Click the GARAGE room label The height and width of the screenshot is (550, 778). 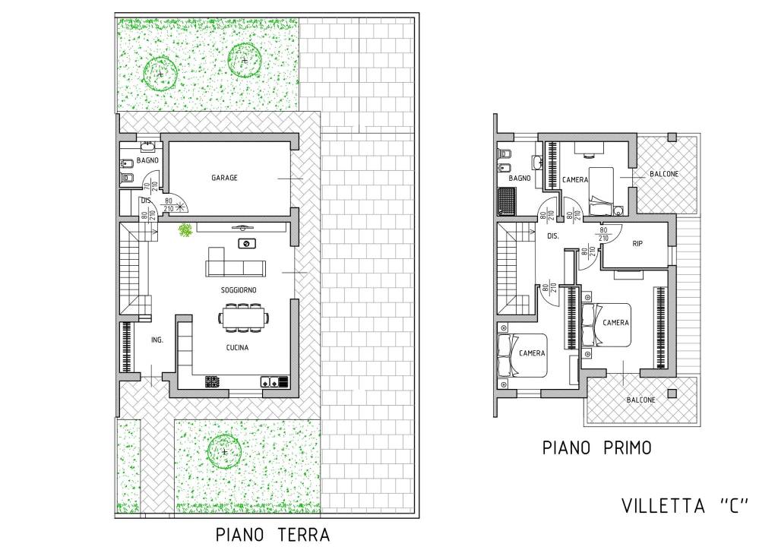click(x=224, y=178)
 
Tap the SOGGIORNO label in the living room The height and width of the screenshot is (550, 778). click(x=239, y=289)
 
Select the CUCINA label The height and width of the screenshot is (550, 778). click(x=237, y=348)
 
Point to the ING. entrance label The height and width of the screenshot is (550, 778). click(x=157, y=340)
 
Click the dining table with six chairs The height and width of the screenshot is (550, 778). click(x=244, y=318)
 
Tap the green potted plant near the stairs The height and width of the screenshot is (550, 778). click(x=185, y=230)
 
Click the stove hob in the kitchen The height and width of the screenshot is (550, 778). click(x=213, y=381)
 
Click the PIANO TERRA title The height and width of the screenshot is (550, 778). click(x=273, y=535)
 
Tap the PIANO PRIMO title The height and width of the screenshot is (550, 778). click(x=596, y=448)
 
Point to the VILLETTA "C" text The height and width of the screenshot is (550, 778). click(x=685, y=506)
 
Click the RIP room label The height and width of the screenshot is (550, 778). click(x=637, y=244)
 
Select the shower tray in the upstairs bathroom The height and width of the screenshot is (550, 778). click(x=507, y=201)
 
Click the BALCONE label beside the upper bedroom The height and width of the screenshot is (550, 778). click(x=664, y=174)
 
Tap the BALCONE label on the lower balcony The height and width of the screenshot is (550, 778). click(x=640, y=400)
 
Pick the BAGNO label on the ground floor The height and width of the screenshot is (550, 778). click(x=147, y=160)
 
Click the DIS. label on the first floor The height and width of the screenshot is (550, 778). click(x=553, y=236)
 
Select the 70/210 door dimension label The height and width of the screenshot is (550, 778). click(x=150, y=186)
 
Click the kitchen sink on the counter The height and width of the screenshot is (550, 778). click(x=270, y=381)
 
